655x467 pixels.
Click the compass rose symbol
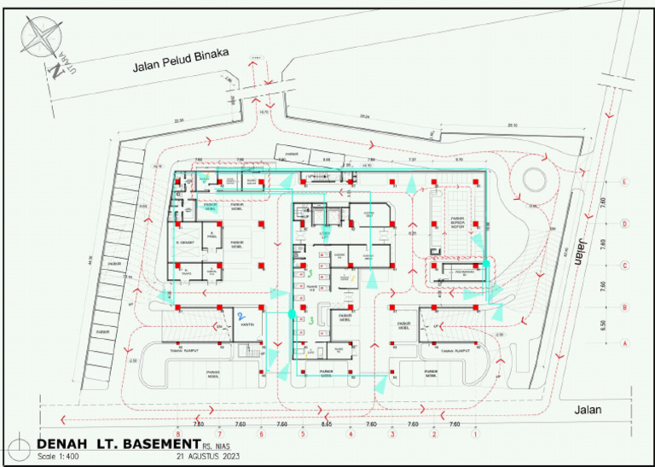39,39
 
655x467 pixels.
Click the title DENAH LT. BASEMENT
118,445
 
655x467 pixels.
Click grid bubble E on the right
625,182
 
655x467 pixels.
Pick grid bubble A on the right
625,342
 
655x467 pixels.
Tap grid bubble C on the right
625,265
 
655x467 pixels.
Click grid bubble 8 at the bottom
178,435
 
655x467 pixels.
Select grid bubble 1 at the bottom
475,435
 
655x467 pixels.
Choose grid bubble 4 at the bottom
350,435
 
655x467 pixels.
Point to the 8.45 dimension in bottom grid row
327,424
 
